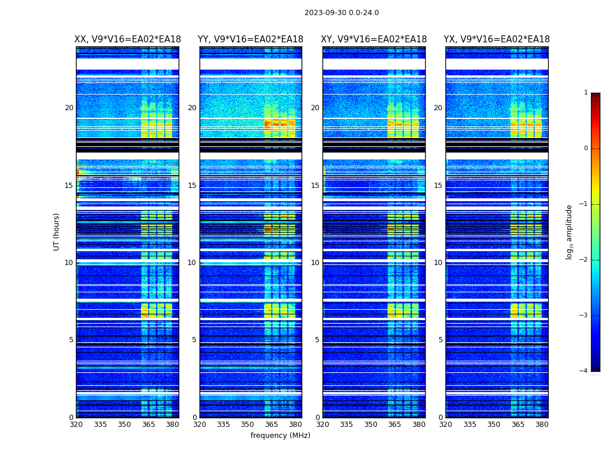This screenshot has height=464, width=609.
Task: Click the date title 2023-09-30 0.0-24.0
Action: [x=342, y=13]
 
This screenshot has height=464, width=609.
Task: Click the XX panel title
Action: [x=128, y=39]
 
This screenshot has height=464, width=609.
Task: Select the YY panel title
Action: [x=251, y=39]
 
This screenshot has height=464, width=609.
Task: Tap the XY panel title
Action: [x=374, y=39]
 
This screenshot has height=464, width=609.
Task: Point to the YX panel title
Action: [x=496, y=39]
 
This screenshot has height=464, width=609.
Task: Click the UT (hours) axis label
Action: [x=57, y=231]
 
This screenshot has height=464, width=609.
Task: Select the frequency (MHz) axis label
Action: [x=280, y=436]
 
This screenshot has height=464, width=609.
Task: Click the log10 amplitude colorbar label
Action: [x=570, y=231]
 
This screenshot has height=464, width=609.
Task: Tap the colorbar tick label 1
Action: [x=586, y=93]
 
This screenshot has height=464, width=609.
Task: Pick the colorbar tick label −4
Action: [x=584, y=371]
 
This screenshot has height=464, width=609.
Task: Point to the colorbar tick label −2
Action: [x=584, y=260]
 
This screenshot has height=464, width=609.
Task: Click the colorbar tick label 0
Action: [x=586, y=148]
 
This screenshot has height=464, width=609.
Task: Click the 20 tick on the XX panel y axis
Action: [x=69, y=108]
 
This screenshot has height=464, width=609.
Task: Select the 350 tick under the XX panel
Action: [x=124, y=425]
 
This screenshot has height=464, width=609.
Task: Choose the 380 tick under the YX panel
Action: [x=542, y=425]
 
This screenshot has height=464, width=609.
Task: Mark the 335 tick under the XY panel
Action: [x=347, y=425]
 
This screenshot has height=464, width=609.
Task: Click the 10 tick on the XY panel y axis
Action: [x=315, y=263]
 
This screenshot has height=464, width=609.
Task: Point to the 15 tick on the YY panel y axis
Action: [x=191, y=186]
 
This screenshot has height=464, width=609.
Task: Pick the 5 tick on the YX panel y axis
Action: [x=440, y=340]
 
